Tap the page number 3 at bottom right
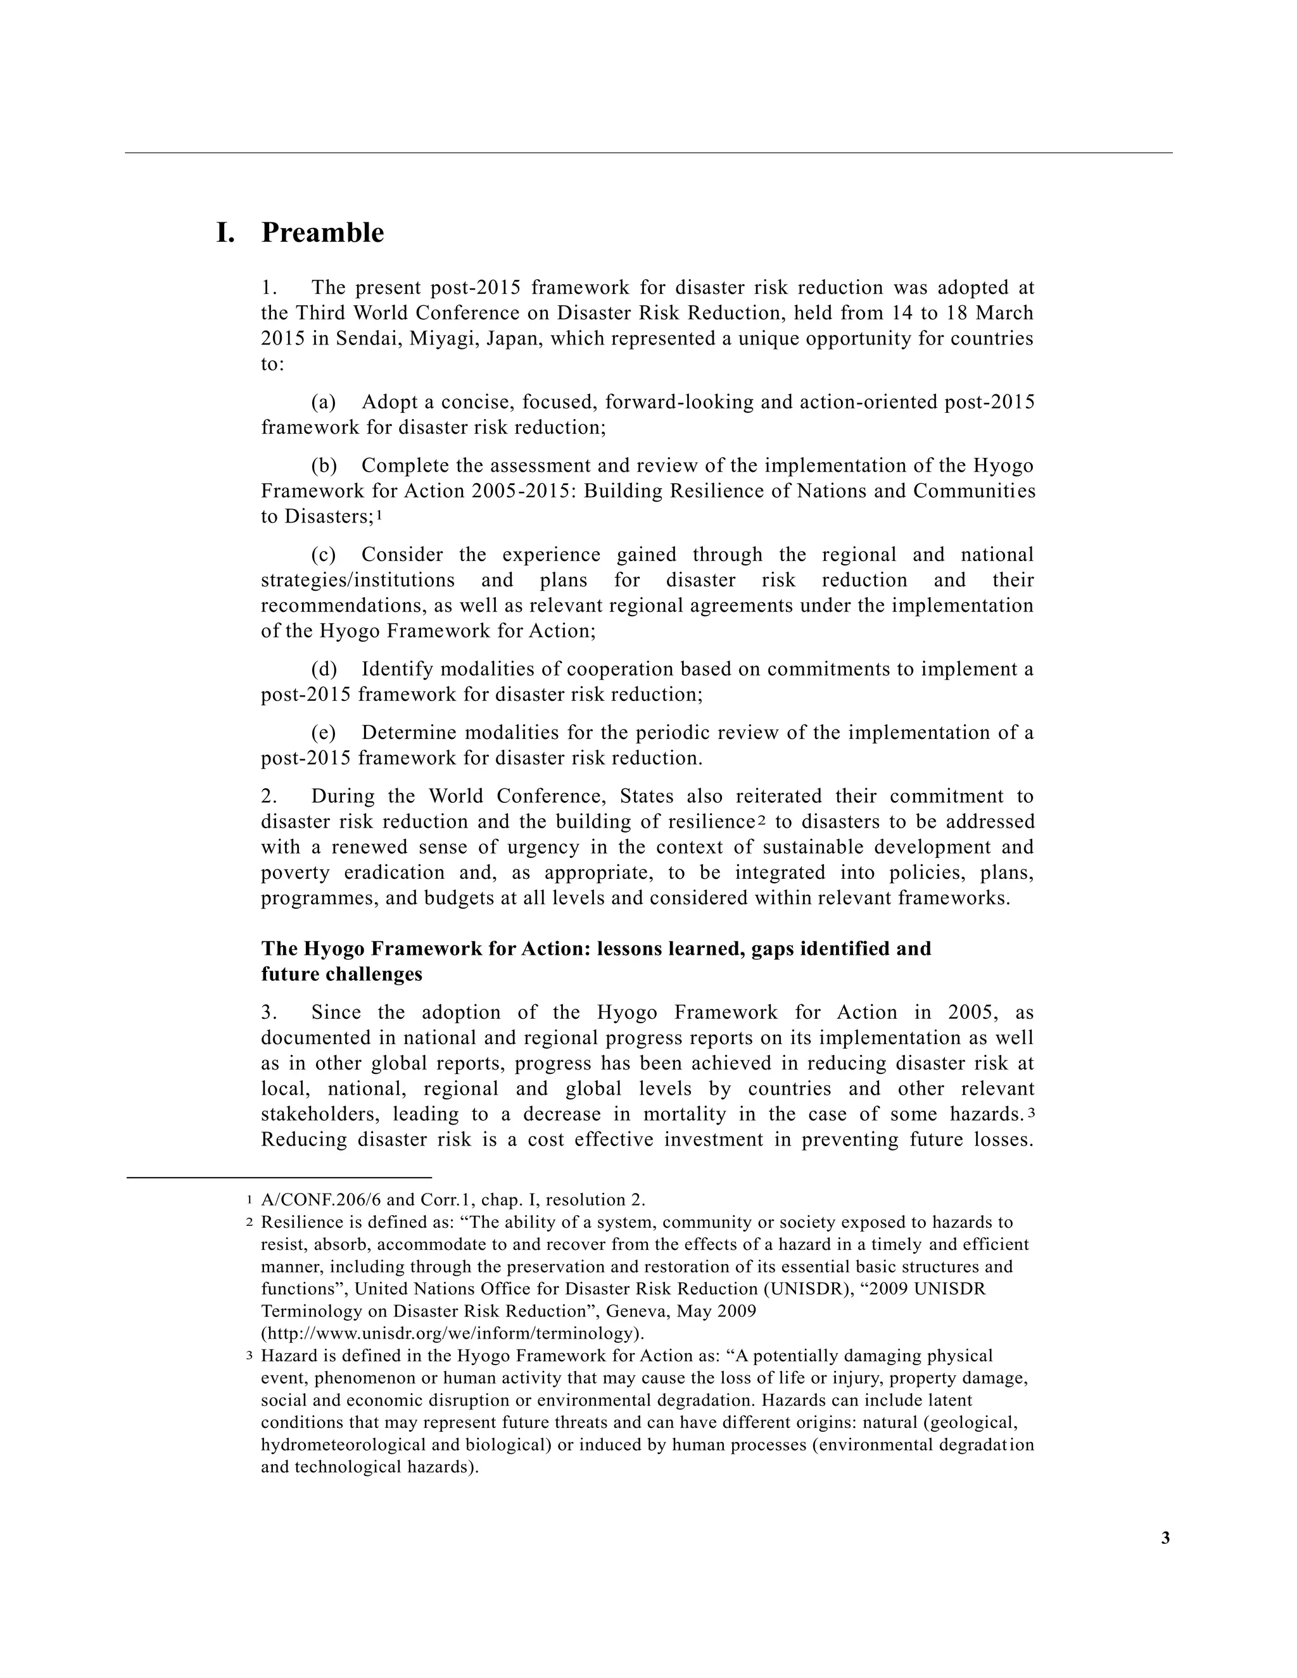[1165, 1538]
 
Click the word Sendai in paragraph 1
[366, 339]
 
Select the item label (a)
[324, 403]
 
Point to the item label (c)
[324, 555]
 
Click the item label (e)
[324, 733]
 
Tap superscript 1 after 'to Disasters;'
[379, 515]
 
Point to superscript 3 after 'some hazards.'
[1031, 1113]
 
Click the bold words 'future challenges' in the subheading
[341, 975]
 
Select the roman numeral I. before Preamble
[225, 233]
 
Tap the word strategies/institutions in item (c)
[357, 581]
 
